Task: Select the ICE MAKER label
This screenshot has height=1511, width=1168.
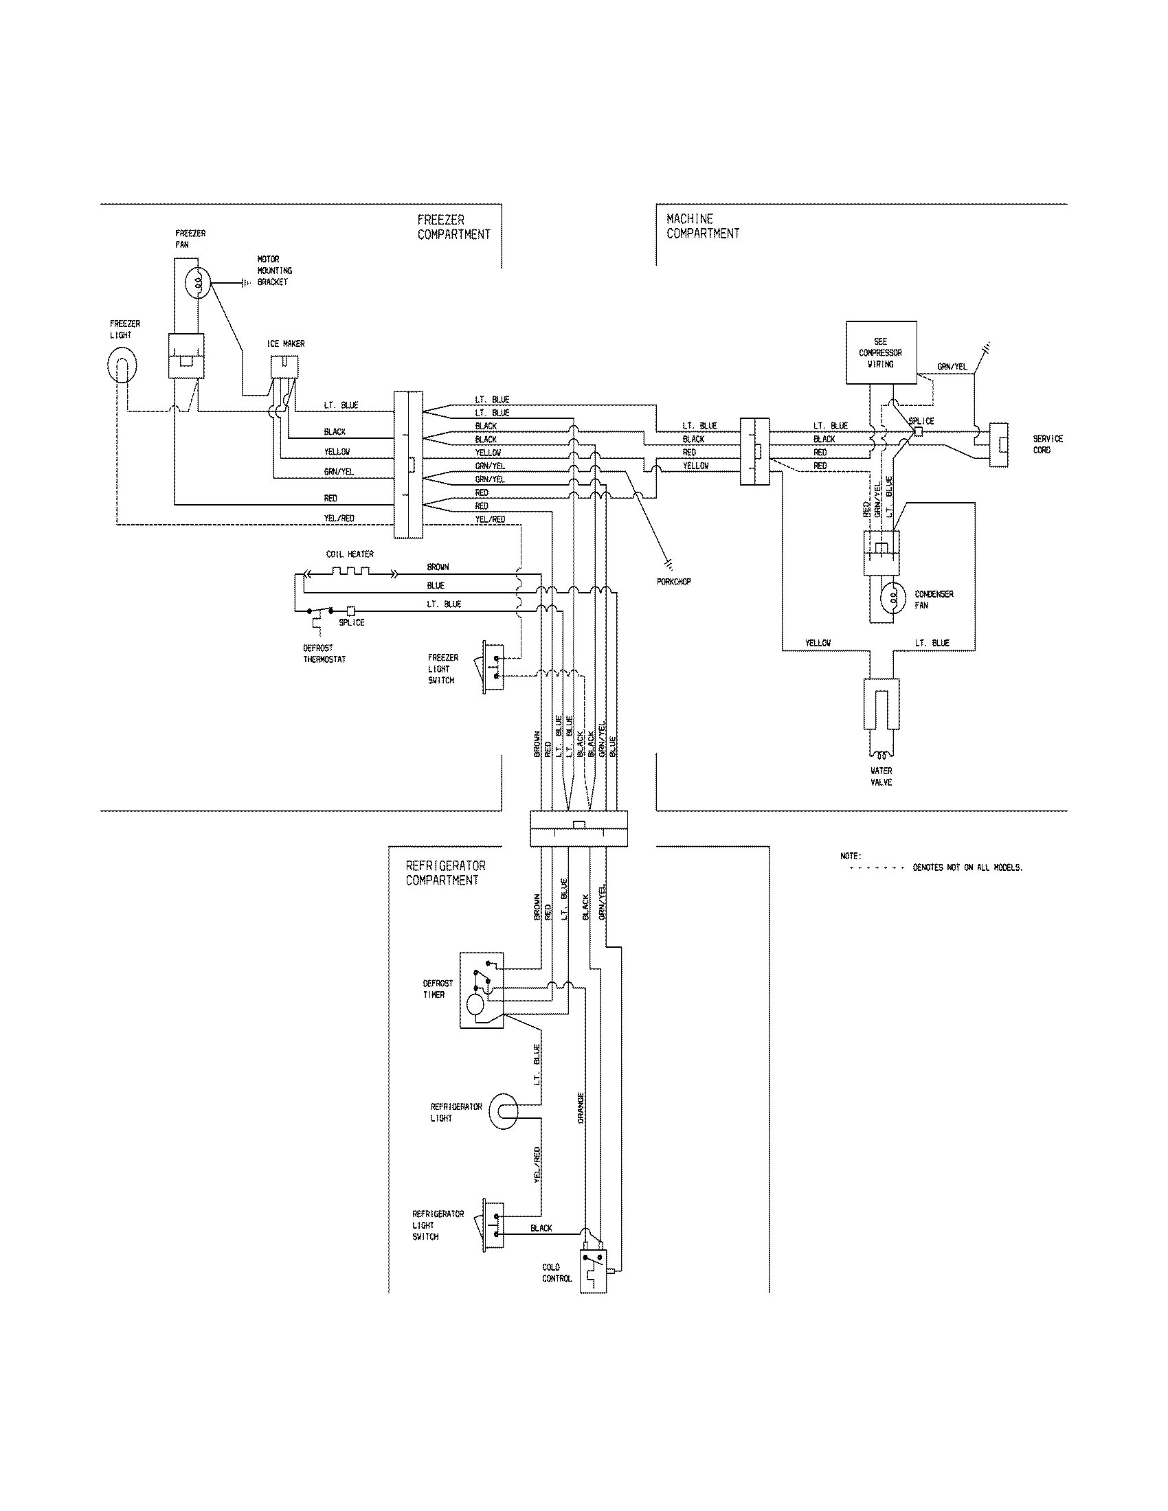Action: click(x=286, y=344)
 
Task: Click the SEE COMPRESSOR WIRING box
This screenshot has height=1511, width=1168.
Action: click(x=881, y=352)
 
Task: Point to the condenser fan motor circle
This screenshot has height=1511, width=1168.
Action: click(x=892, y=598)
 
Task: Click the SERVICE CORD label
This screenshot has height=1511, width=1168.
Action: click(x=1047, y=444)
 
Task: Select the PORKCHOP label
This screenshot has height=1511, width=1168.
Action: click(x=673, y=582)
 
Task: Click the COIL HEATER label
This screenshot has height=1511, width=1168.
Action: click(x=350, y=554)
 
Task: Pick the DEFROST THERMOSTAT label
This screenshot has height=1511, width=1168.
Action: click(x=324, y=654)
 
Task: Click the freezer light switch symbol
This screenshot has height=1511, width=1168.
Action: click(x=493, y=665)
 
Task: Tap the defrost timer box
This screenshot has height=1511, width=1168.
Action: click(x=482, y=990)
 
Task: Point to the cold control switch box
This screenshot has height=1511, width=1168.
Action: click(x=593, y=1272)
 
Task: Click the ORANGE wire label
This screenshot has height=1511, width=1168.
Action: click(x=581, y=1107)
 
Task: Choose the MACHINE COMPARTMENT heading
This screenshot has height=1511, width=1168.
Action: click(x=702, y=226)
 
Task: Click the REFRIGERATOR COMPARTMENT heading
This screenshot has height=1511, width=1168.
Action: click(x=445, y=873)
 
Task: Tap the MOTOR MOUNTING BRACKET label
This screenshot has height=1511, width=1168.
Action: click(x=274, y=271)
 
